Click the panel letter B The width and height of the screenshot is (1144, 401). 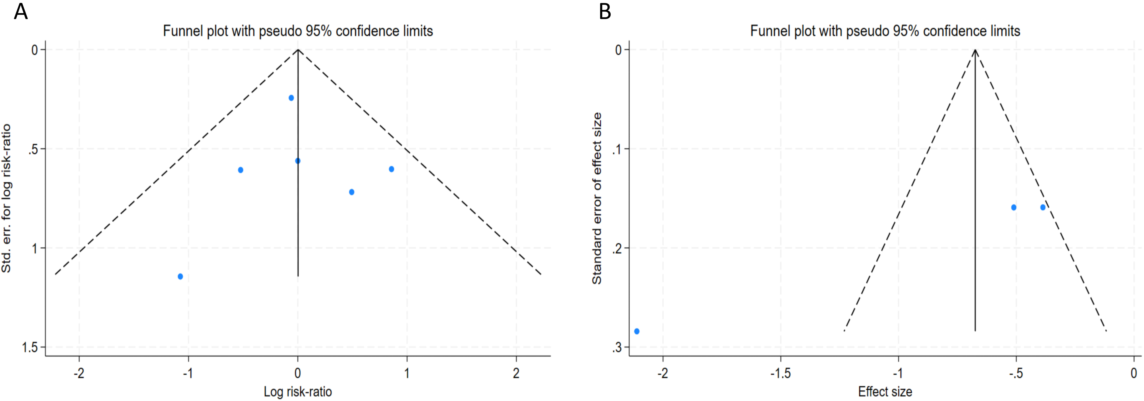click(x=605, y=12)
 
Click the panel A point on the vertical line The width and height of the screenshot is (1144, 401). click(x=298, y=161)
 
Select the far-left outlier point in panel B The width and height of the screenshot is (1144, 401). click(x=637, y=331)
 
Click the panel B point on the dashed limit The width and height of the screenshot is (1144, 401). click(x=1043, y=207)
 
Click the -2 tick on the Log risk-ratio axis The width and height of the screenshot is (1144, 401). click(x=79, y=373)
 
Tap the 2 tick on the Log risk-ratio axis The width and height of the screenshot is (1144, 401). click(x=516, y=373)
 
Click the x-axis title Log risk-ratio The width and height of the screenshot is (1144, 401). click(x=298, y=392)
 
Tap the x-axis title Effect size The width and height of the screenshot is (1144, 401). click(x=885, y=392)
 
